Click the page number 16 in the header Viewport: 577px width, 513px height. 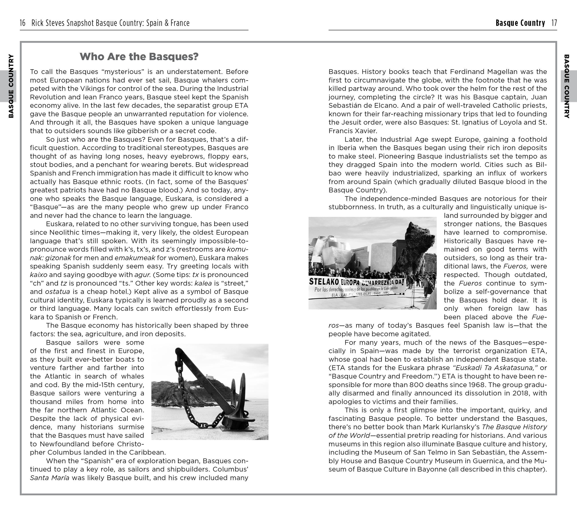(23, 23)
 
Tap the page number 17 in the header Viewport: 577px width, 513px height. (554, 23)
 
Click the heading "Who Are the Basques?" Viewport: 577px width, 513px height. (139, 56)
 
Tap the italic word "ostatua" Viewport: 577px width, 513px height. (57, 292)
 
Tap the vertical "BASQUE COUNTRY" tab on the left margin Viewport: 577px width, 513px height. (11, 86)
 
